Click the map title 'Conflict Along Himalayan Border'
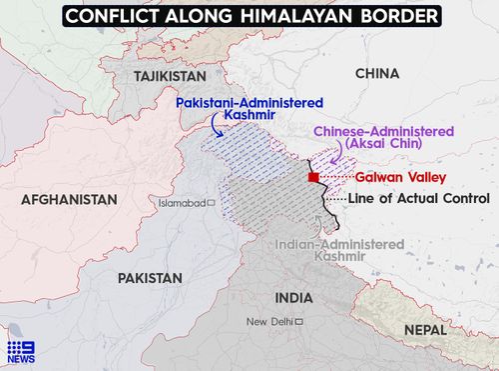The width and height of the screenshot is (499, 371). pos(249,17)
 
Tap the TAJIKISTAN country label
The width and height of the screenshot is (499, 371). pos(166,76)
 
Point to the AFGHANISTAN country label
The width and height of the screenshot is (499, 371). pos(63,200)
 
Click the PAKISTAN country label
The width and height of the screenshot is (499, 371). pos(150,277)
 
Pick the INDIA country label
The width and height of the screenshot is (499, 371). pos(293,298)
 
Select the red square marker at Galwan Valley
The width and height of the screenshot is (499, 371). pos(313,177)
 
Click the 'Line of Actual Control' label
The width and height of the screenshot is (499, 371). pos(418,199)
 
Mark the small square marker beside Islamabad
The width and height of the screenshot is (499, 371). pos(211,203)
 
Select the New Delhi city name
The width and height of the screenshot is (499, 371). pos(269,321)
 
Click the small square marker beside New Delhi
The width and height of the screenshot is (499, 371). pos(297,321)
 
